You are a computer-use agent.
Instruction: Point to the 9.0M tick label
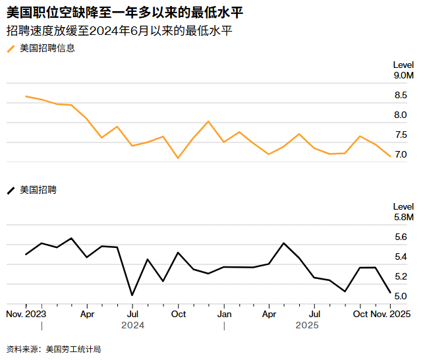coord(403,76)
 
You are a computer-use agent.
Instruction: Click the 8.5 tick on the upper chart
coord(401,96)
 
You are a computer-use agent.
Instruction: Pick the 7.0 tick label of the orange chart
coord(401,155)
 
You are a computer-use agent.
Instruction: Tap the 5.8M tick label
coord(403,218)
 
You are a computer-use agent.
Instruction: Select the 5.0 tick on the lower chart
coord(401,297)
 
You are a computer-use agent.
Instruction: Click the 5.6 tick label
coord(401,237)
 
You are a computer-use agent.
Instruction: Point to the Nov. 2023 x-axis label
coord(26,314)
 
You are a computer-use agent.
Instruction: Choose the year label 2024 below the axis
coord(133,326)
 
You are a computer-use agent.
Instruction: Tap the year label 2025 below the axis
coord(307,326)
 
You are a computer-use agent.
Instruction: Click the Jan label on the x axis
coord(224,314)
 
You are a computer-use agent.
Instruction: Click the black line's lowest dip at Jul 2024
coord(132,295)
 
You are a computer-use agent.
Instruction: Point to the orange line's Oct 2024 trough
coord(178,158)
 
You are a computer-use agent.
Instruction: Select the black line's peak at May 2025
coord(284,243)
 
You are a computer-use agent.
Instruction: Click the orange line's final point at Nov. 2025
coord(390,156)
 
